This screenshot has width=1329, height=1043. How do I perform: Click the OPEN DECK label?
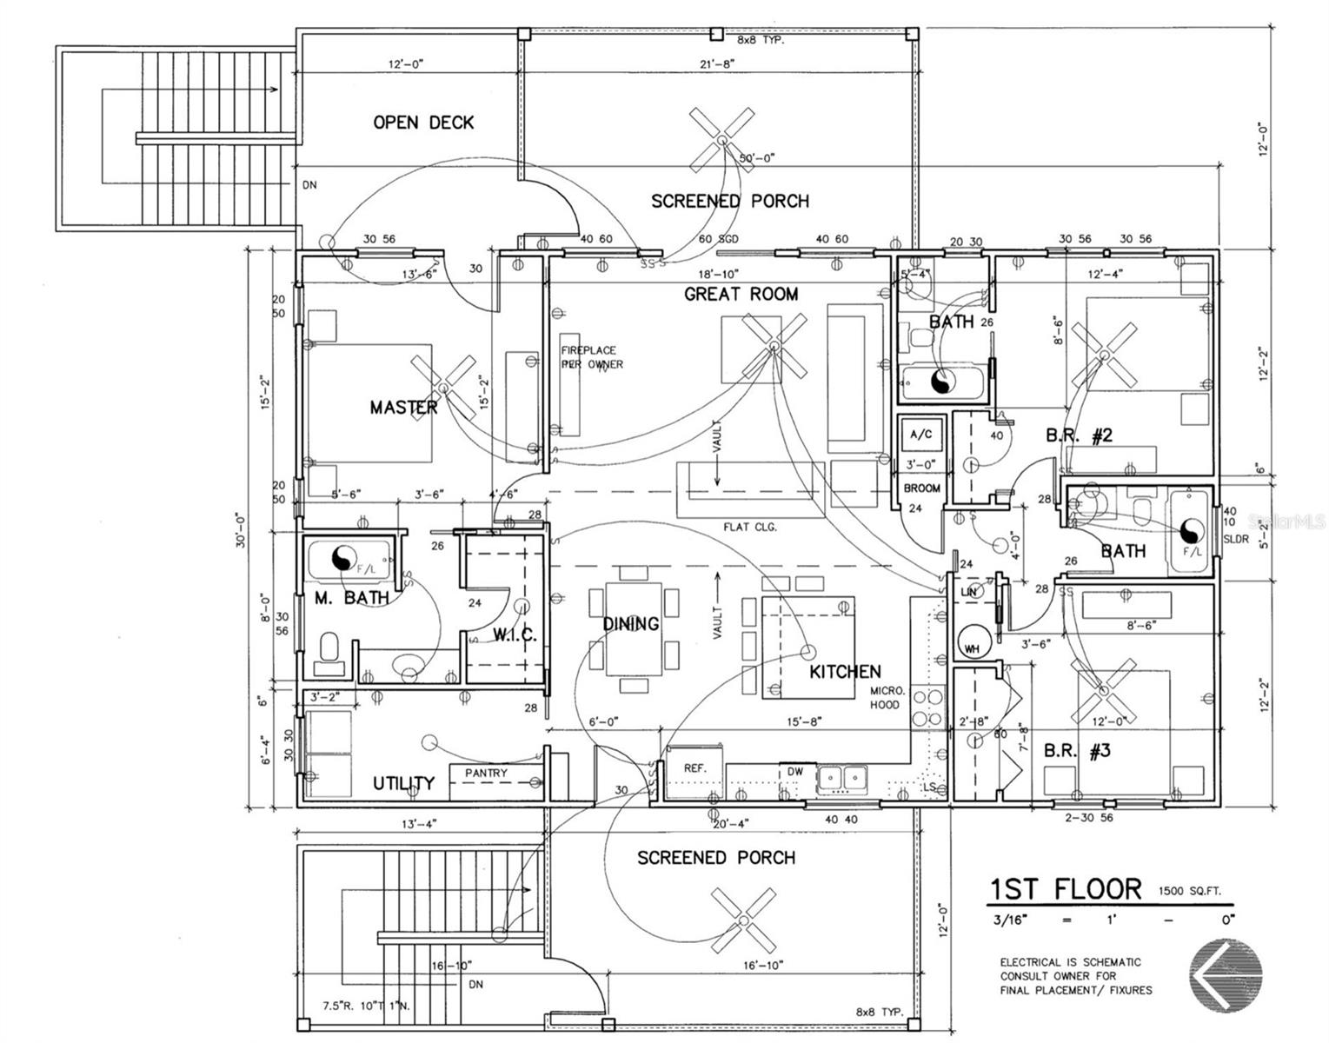423,123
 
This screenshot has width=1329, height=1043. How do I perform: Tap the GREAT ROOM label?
741,295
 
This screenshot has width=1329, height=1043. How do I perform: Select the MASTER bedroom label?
403,407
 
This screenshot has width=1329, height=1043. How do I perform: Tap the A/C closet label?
920,434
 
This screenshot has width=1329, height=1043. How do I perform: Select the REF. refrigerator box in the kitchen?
694,768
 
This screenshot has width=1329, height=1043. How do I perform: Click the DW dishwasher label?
795,771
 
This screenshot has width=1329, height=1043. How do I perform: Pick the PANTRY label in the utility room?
486,773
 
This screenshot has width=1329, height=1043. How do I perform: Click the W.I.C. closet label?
515,635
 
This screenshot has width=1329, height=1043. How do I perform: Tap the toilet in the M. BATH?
329,653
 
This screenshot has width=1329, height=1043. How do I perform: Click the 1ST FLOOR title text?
1066,889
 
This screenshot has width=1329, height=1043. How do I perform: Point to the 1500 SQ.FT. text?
1189,891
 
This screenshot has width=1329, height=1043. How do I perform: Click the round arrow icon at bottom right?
1225,973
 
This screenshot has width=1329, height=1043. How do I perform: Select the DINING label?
631,624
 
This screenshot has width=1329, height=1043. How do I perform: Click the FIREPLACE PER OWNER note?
591,357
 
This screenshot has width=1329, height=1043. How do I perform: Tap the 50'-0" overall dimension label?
756,158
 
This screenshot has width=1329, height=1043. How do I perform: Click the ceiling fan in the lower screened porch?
744,920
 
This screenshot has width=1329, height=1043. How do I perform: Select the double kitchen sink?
839,775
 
